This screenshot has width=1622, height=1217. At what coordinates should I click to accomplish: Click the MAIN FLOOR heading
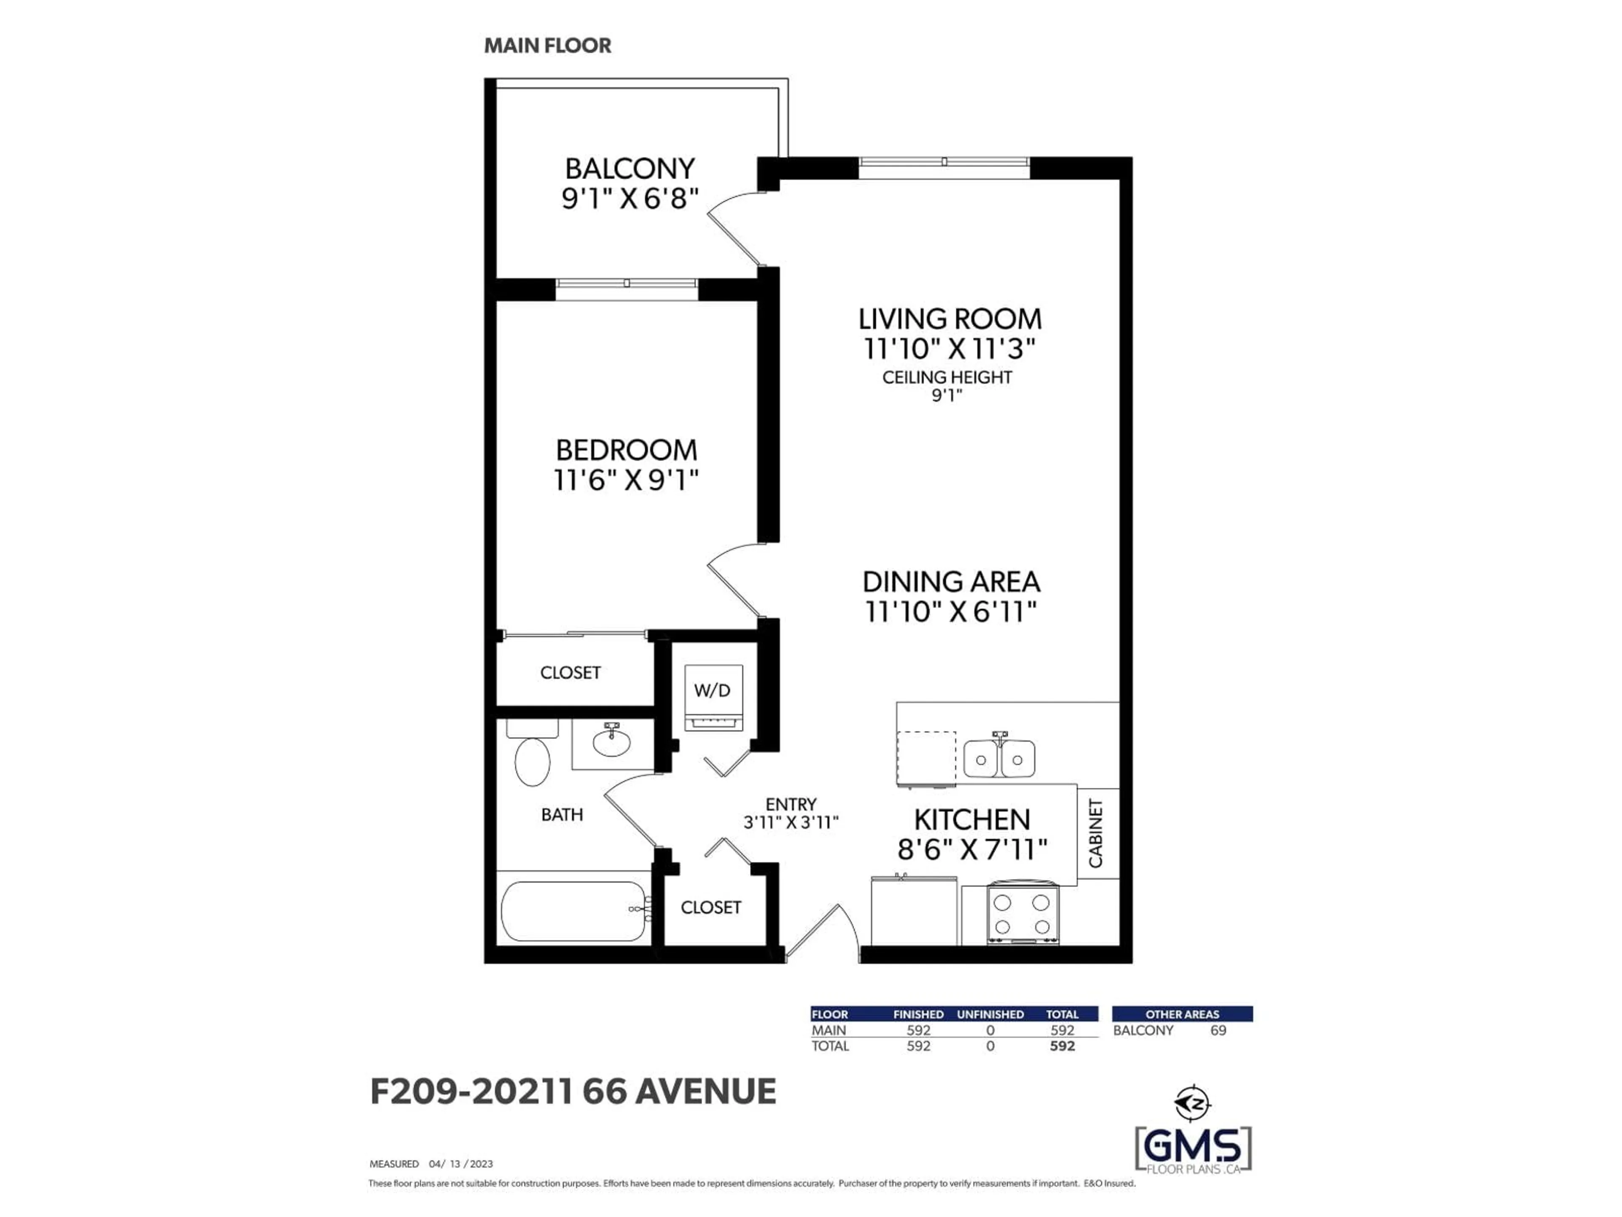click(547, 46)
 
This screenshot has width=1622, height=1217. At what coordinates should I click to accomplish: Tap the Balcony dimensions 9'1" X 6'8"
click(629, 199)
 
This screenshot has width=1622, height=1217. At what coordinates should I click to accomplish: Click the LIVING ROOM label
click(950, 319)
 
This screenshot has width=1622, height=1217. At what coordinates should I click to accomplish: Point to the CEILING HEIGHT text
click(947, 377)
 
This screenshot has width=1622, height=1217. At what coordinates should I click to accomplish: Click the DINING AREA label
click(951, 582)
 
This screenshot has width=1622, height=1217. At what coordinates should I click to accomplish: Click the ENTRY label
click(790, 804)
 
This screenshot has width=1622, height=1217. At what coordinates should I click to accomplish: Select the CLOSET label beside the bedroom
click(571, 673)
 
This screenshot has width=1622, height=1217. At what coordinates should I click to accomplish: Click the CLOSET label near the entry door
click(710, 907)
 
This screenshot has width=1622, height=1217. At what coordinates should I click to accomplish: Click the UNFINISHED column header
click(990, 1014)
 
